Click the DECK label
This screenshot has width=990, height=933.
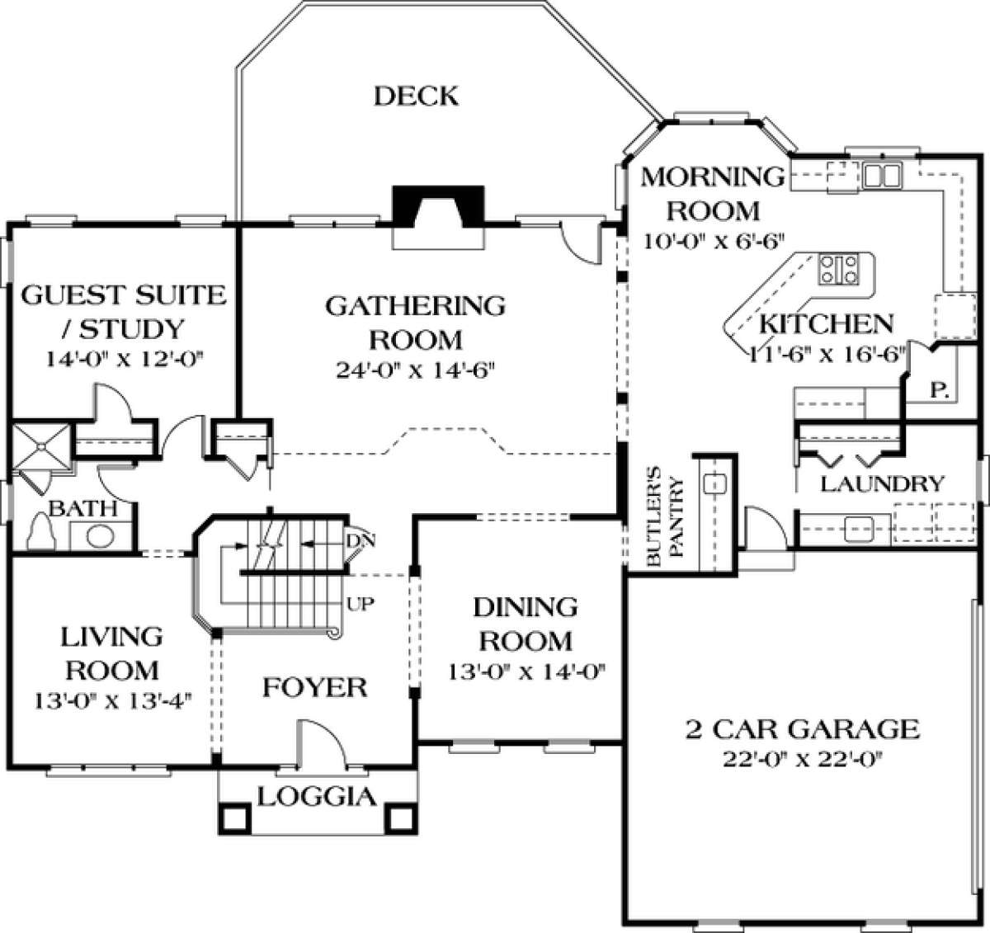(x=416, y=97)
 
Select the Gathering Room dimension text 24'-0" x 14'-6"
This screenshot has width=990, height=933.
(x=415, y=370)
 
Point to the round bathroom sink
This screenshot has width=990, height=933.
(x=100, y=536)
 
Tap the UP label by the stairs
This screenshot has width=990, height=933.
(x=361, y=605)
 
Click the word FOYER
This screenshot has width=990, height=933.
(x=314, y=687)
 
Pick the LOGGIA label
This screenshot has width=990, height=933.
(x=317, y=797)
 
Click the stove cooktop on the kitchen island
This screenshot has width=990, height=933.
(x=839, y=268)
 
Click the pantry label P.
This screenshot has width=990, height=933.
(x=939, y=390)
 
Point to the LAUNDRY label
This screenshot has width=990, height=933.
(x=882, y=483)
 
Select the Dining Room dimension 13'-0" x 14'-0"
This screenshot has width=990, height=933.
(x=526, y=671)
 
